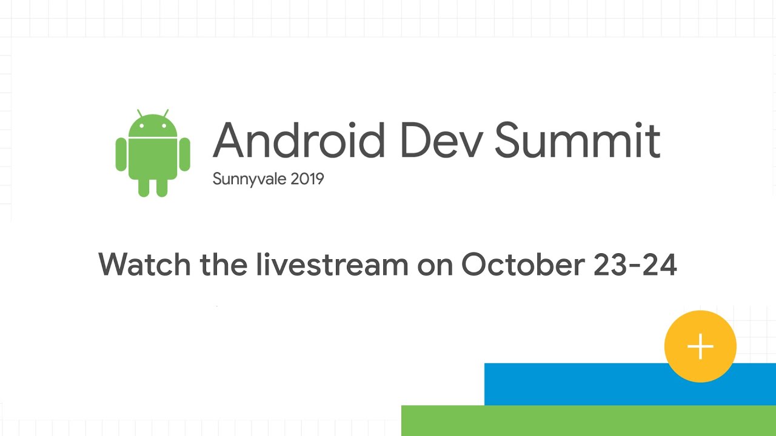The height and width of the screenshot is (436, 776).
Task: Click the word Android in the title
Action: pos(299,140)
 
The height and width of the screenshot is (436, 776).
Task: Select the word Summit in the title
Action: pos(577,140)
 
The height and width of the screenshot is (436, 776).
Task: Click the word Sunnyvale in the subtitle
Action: pos(249,179)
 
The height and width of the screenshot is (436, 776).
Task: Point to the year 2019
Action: pos(307,179)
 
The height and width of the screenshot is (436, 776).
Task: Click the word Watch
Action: pos(144,264)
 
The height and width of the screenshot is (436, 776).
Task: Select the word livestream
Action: pos(332,264)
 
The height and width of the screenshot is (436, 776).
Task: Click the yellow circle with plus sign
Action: pos(700,346)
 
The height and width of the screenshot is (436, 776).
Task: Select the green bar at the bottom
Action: pos(589,420)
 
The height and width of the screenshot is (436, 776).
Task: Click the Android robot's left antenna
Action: pos(139,113)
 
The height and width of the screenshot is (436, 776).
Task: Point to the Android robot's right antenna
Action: pos(166,113)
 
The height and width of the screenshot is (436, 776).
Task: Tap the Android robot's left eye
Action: pos(141,125)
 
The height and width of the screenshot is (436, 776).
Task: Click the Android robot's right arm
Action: pos(185,154)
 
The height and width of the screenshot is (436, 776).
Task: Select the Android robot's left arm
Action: pos(121,154)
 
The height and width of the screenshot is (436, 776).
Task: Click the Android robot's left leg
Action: pos(144,187)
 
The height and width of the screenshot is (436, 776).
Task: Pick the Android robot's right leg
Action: pos(162,187)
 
